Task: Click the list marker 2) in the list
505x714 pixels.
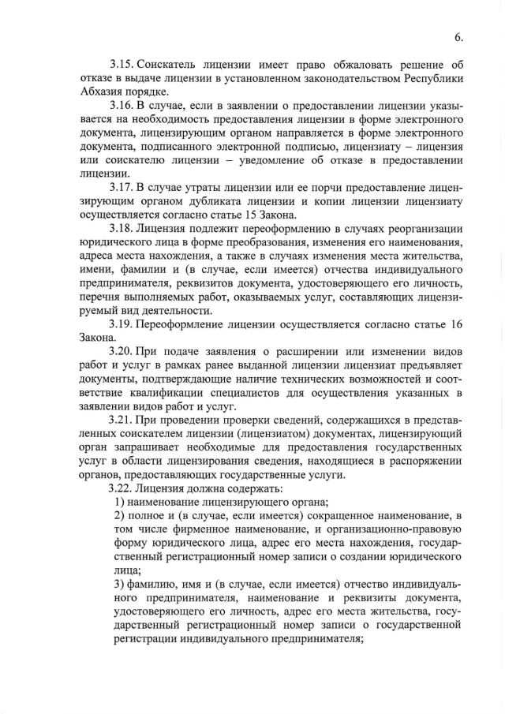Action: coord(121,516)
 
